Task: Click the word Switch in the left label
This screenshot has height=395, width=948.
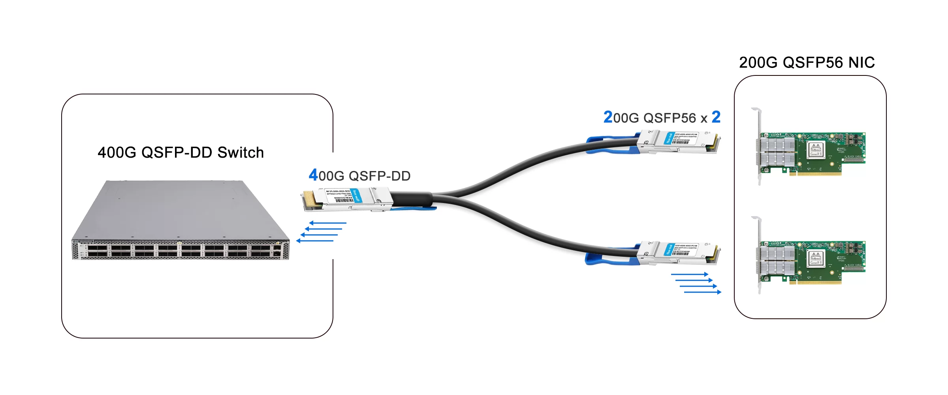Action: click(x=241, y=152)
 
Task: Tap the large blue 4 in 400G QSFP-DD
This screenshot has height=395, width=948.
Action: click(x=313, y=175)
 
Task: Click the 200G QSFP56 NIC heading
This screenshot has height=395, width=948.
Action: click(x=807, y=62)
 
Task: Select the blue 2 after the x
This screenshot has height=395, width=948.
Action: click(x=716, y=117)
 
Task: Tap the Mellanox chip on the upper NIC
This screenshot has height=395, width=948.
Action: click(x=816, y=149)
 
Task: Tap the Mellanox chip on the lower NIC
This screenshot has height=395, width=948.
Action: click(x=816, y=258)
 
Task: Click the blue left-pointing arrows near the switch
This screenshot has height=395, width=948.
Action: click(x=321, y=232)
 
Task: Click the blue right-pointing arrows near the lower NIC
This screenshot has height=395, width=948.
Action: click(x=696, y=283)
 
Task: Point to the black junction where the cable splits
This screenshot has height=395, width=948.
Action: click(x=413, y=199)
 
